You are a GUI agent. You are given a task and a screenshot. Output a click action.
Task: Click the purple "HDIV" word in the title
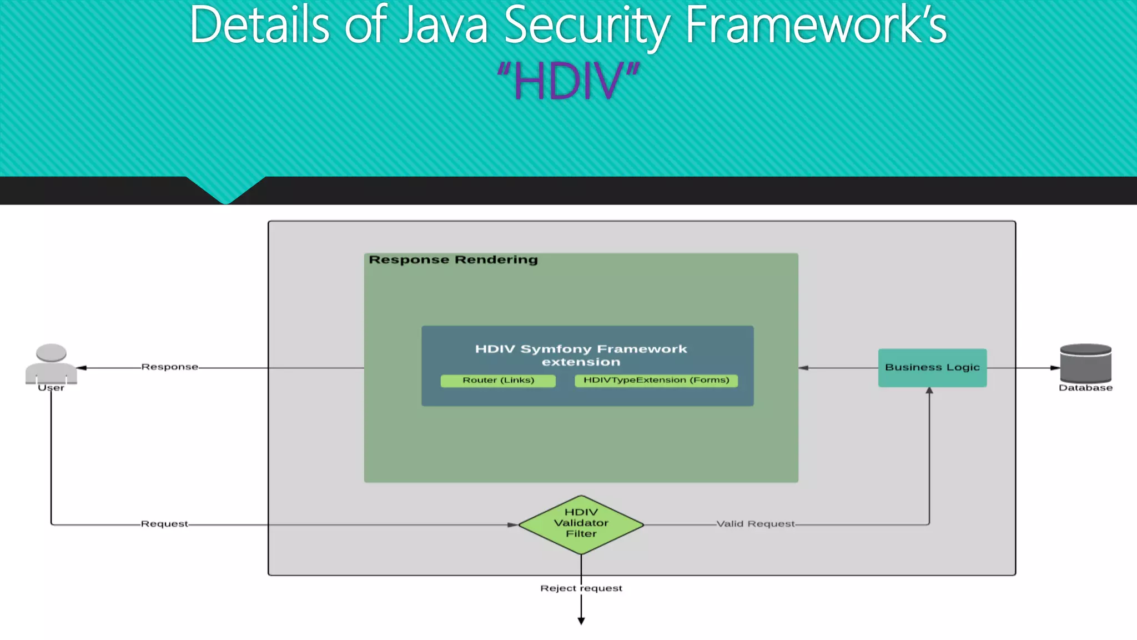(x=568, y=81)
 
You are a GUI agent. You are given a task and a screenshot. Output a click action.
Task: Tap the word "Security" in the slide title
(x=587, y=26)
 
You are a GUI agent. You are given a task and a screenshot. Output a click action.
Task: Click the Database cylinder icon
(x=1085, y=363)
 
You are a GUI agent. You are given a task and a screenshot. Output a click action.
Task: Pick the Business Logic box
(x=932, y=367)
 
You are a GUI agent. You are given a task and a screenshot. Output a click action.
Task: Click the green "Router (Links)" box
(x=498, y=380)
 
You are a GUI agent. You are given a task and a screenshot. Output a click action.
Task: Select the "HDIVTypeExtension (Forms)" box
(x=656, y=380)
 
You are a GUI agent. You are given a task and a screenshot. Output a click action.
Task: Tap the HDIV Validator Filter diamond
(x=581, y=523)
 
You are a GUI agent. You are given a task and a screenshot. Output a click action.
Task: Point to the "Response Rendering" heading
(x=453, y=259)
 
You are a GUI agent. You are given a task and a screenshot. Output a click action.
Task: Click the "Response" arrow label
(x=169, y=367)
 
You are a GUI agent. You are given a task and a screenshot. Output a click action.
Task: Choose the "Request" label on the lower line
(x=164, y=524)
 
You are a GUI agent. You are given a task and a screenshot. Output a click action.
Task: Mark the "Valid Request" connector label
(x=755, y=524)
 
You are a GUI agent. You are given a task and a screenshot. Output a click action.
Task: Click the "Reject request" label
(x=581, y=588)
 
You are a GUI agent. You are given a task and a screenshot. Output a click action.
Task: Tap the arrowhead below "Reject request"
(x=581, y=621)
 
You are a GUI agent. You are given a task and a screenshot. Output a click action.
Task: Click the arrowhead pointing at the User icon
(x=82, y=368)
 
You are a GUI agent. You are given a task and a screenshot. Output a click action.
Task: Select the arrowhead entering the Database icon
(x=1055, y=368)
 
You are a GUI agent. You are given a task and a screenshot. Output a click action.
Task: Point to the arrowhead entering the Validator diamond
(x=512, y=524)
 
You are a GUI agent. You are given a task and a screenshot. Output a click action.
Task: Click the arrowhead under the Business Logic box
(x=929, y=391)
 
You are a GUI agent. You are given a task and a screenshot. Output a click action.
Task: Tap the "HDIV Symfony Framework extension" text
(x=581, y=355)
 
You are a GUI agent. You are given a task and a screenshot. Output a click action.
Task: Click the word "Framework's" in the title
(x=816, y=26)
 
